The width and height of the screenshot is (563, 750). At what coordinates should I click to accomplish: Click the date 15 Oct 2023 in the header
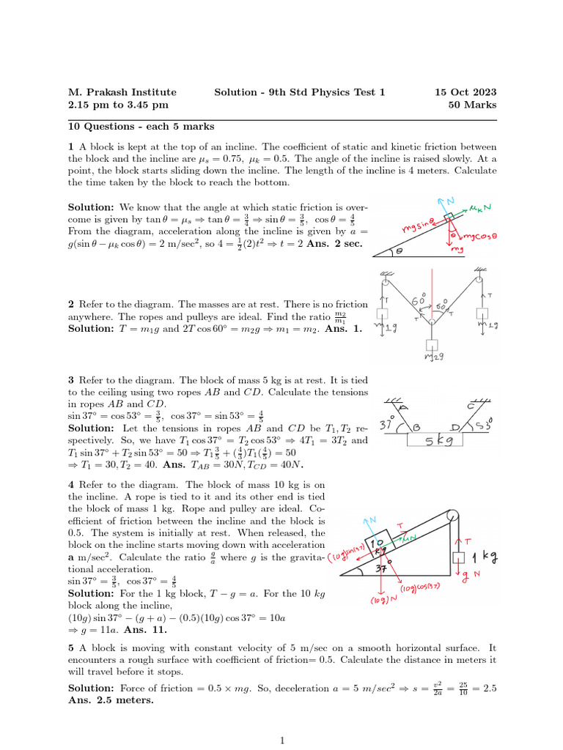[x=466, y=92]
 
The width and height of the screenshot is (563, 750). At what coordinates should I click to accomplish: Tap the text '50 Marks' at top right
[x=472, y=105]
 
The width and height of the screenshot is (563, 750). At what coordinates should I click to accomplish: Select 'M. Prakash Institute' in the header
[x=122, y=92]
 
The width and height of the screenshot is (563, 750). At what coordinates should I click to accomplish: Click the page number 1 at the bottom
[x=282, y=740]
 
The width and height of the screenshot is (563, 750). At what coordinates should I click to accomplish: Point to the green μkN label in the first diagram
[x=482, y=210]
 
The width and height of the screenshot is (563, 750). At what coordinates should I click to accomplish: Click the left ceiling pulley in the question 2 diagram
[x=386, y=276]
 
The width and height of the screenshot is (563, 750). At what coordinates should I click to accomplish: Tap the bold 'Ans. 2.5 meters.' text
[x=111, y=699]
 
